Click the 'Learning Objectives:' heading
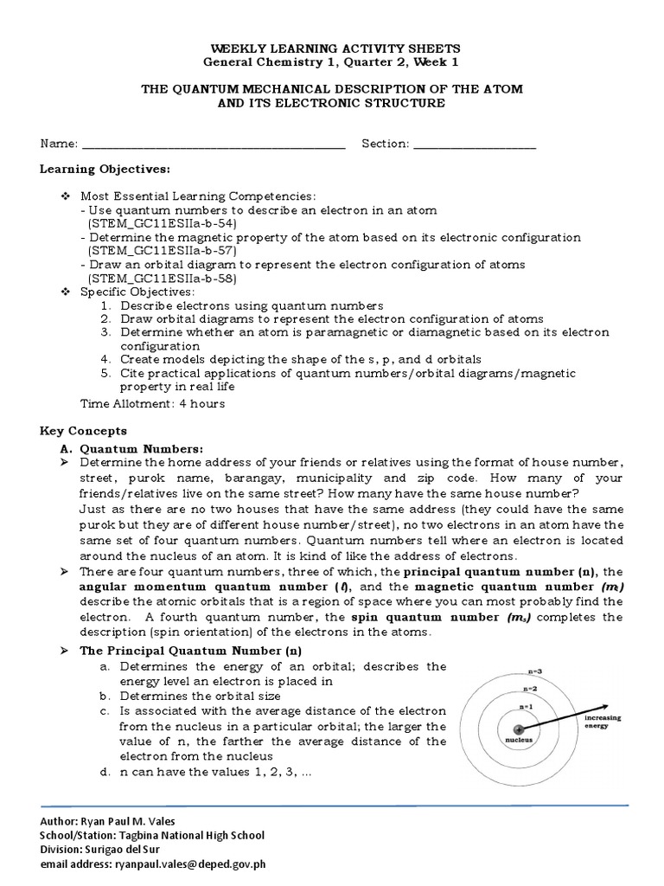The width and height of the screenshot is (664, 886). click(105, 169)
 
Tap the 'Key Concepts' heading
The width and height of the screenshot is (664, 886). click(84, 430)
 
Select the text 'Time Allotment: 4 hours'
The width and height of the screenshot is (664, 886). click(152, 403)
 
